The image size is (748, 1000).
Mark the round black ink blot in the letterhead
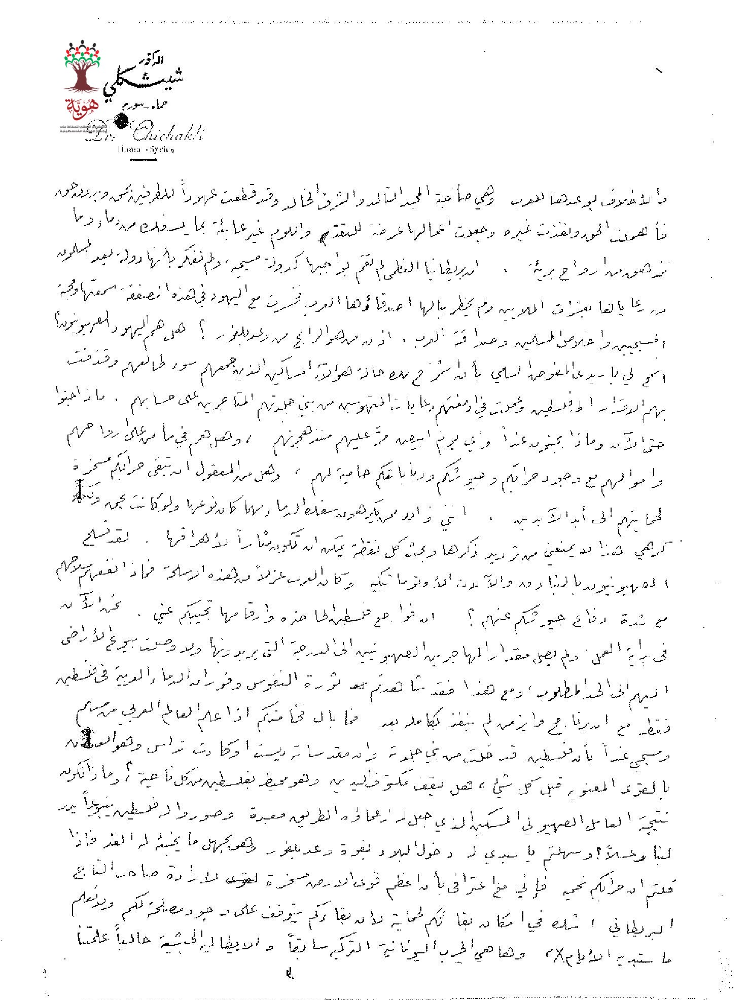(x=122, y=121)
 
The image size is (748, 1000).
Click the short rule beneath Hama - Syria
(x=144, y=160)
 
